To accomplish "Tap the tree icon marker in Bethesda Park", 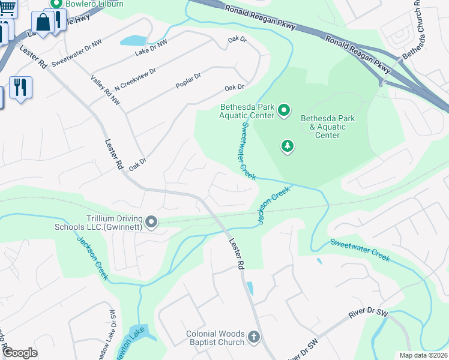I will coord(288,145).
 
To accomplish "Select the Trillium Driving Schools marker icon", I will coord(151,223).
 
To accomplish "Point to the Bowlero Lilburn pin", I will coord(56,3).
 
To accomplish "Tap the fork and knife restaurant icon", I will coord(20,87).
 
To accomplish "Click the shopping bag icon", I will coord(44,22).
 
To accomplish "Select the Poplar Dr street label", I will coord(188,77).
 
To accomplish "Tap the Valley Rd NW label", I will coord(106,91).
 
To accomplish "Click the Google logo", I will coord(19,353).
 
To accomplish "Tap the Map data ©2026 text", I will coord(423,355).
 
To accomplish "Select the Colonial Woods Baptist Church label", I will coord(215,338).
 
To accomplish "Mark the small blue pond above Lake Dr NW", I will coord(133,41).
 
